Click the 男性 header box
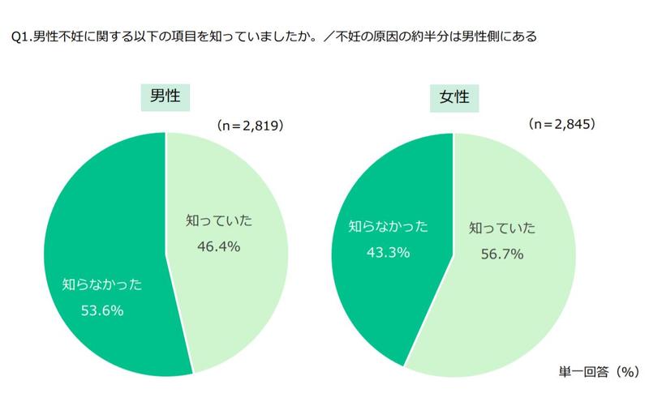coord(165,97)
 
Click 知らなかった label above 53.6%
coord(102,284)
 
